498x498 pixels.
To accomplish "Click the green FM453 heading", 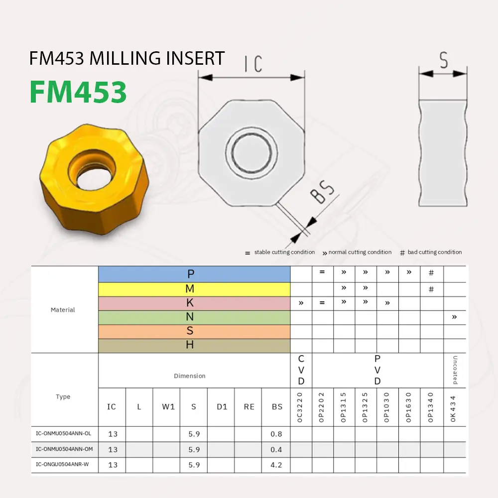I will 78,92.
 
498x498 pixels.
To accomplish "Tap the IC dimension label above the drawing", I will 253,64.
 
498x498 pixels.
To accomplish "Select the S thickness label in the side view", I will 443,60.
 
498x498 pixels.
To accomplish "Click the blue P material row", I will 194,273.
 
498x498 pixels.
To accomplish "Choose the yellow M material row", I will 194,289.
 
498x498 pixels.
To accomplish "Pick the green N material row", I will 194,317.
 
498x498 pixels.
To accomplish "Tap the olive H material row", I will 194,345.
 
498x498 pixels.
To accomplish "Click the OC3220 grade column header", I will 300,407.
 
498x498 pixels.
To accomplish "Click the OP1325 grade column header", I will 366,407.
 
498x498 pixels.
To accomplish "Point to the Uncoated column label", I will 455,370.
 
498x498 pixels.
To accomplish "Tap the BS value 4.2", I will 276,465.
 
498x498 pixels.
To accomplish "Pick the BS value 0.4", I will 276,450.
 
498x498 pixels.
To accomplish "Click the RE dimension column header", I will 249,407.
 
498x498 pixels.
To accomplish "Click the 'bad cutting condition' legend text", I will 434,252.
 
